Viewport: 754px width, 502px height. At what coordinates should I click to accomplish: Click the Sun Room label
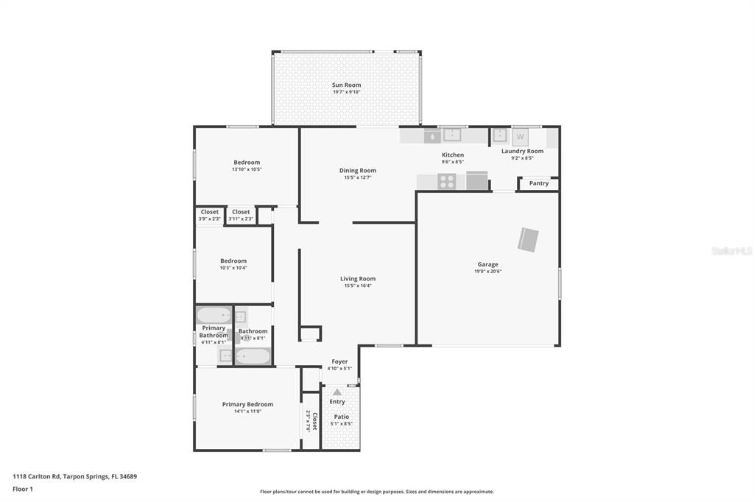tap(346, 85)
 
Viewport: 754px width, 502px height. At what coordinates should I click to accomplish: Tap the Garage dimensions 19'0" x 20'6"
tap(487, 272)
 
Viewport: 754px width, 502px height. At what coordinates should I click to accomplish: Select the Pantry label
tap(538, 183)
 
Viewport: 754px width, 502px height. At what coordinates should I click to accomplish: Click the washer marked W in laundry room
tap(521, 137)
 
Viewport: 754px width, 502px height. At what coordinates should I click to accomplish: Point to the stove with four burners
tap(446, 181)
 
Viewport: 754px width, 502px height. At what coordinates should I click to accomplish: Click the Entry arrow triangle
tap(337, 392)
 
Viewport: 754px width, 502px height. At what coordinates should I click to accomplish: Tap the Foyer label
tap(339, 361)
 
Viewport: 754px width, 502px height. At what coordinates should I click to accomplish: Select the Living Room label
tap(358, 279)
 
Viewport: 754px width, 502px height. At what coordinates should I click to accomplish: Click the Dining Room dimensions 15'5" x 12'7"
tap(358, 177)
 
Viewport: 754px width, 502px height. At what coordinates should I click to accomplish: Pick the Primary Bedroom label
tap(247, 404)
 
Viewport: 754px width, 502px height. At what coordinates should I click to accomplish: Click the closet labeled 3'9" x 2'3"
tap(210, 216)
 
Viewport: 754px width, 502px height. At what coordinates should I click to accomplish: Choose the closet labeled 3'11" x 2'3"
tap(241, 216)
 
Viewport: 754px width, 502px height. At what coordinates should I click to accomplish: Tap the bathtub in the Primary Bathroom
tap(214, 316)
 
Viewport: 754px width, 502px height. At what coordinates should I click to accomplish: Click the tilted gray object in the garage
tap(528, 240)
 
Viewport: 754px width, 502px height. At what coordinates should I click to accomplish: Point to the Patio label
tap(341, 417)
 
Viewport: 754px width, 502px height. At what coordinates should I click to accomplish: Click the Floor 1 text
tap(23, 489)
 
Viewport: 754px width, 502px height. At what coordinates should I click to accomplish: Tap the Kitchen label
tap(452, 155)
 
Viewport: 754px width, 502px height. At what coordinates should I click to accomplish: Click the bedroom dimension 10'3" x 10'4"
tap(233, 268)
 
